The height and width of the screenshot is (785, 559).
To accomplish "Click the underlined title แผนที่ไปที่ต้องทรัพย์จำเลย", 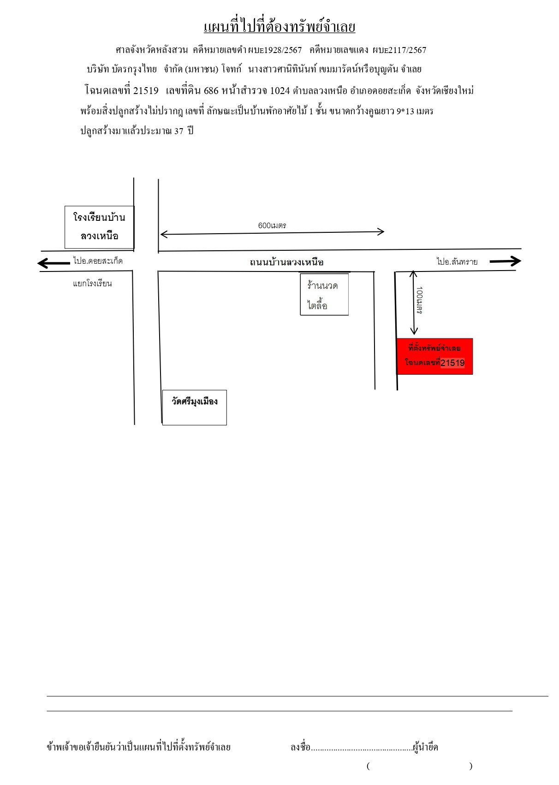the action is (x=279, y=27).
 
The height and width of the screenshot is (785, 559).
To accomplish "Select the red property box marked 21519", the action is (x=434, y=356).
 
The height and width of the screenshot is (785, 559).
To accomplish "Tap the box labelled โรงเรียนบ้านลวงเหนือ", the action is (x=99, y=227).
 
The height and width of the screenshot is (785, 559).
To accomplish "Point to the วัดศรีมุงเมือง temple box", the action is (x=194, y=407).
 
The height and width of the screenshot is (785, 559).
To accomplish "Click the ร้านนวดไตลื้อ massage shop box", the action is (x=324, y=295).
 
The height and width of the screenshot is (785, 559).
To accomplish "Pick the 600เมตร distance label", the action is (x=272, y=225).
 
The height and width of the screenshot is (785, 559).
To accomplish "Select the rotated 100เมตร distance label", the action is (x=419, y=300).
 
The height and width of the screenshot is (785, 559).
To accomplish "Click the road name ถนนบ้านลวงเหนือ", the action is (x=286, y=262).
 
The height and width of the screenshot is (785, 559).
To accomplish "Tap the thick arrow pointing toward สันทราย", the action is (x=505, y=261).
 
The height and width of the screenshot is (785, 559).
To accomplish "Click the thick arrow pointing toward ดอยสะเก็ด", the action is (x=54, y=263).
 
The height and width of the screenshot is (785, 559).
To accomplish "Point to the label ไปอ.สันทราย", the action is (x=457, y=261).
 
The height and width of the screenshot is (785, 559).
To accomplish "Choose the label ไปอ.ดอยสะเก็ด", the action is (x=98, y=261).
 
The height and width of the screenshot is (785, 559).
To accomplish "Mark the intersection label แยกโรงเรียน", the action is (x=93, y=283).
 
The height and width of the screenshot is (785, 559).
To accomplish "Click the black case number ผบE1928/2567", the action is (x=274, y=50).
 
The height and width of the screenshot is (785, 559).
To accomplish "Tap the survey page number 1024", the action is (x=280, y=91).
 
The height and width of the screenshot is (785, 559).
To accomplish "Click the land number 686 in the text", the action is (x=211, y=91).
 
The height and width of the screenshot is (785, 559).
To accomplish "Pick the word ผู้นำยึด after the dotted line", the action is (x=425, y=747).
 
